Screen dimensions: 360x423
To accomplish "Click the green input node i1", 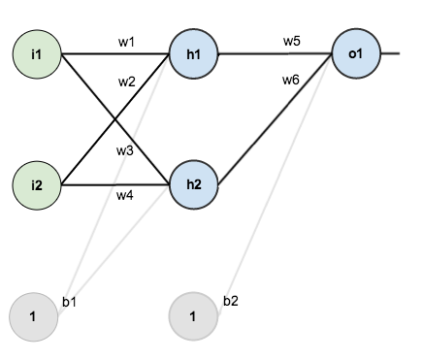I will tap(37, 52).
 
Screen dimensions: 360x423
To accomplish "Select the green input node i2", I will tap(37, 182).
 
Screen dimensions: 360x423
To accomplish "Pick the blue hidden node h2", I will tap(193, 183).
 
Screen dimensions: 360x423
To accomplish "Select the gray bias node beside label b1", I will tap(33, 316).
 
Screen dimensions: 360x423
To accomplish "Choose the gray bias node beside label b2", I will tap(193, 316).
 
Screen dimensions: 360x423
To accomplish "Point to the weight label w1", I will tap(126, 42).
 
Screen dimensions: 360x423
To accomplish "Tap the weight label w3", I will tap(126, 151).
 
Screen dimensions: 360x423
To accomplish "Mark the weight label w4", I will tap(125, 195).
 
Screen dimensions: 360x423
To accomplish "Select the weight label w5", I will tap(291, 41).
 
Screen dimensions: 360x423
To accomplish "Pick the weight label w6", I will tap(291, 80).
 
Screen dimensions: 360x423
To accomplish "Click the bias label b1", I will tap(69, 302).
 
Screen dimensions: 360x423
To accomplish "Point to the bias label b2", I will tap(231, 301).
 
